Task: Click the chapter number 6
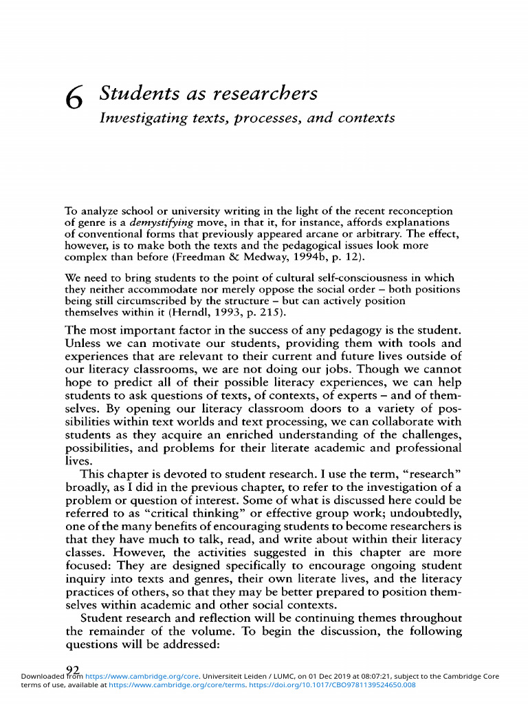coord(74,99)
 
